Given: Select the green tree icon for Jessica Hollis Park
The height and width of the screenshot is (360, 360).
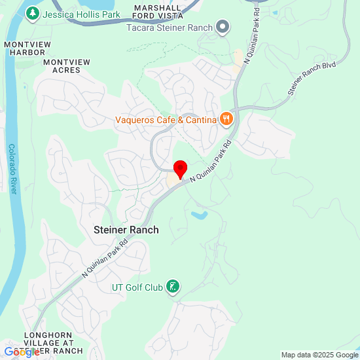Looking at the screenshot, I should [32, 13].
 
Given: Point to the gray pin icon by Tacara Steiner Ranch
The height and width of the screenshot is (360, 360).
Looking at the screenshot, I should [224, 26].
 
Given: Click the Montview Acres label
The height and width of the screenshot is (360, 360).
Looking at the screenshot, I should [66, 65].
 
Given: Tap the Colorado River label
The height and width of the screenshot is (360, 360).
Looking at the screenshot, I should [12, 168].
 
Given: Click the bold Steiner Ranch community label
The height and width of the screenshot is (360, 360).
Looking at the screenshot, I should [126, 230].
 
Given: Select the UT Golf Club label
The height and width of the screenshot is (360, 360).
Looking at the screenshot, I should [135, 287].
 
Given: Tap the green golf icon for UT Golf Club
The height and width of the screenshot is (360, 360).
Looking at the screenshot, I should [172, 286].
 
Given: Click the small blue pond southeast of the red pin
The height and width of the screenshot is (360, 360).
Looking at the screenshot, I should [200, 214].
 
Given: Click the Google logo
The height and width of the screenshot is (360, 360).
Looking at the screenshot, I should [21, 353].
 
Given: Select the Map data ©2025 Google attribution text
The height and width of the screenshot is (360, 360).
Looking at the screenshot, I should [319, 355].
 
